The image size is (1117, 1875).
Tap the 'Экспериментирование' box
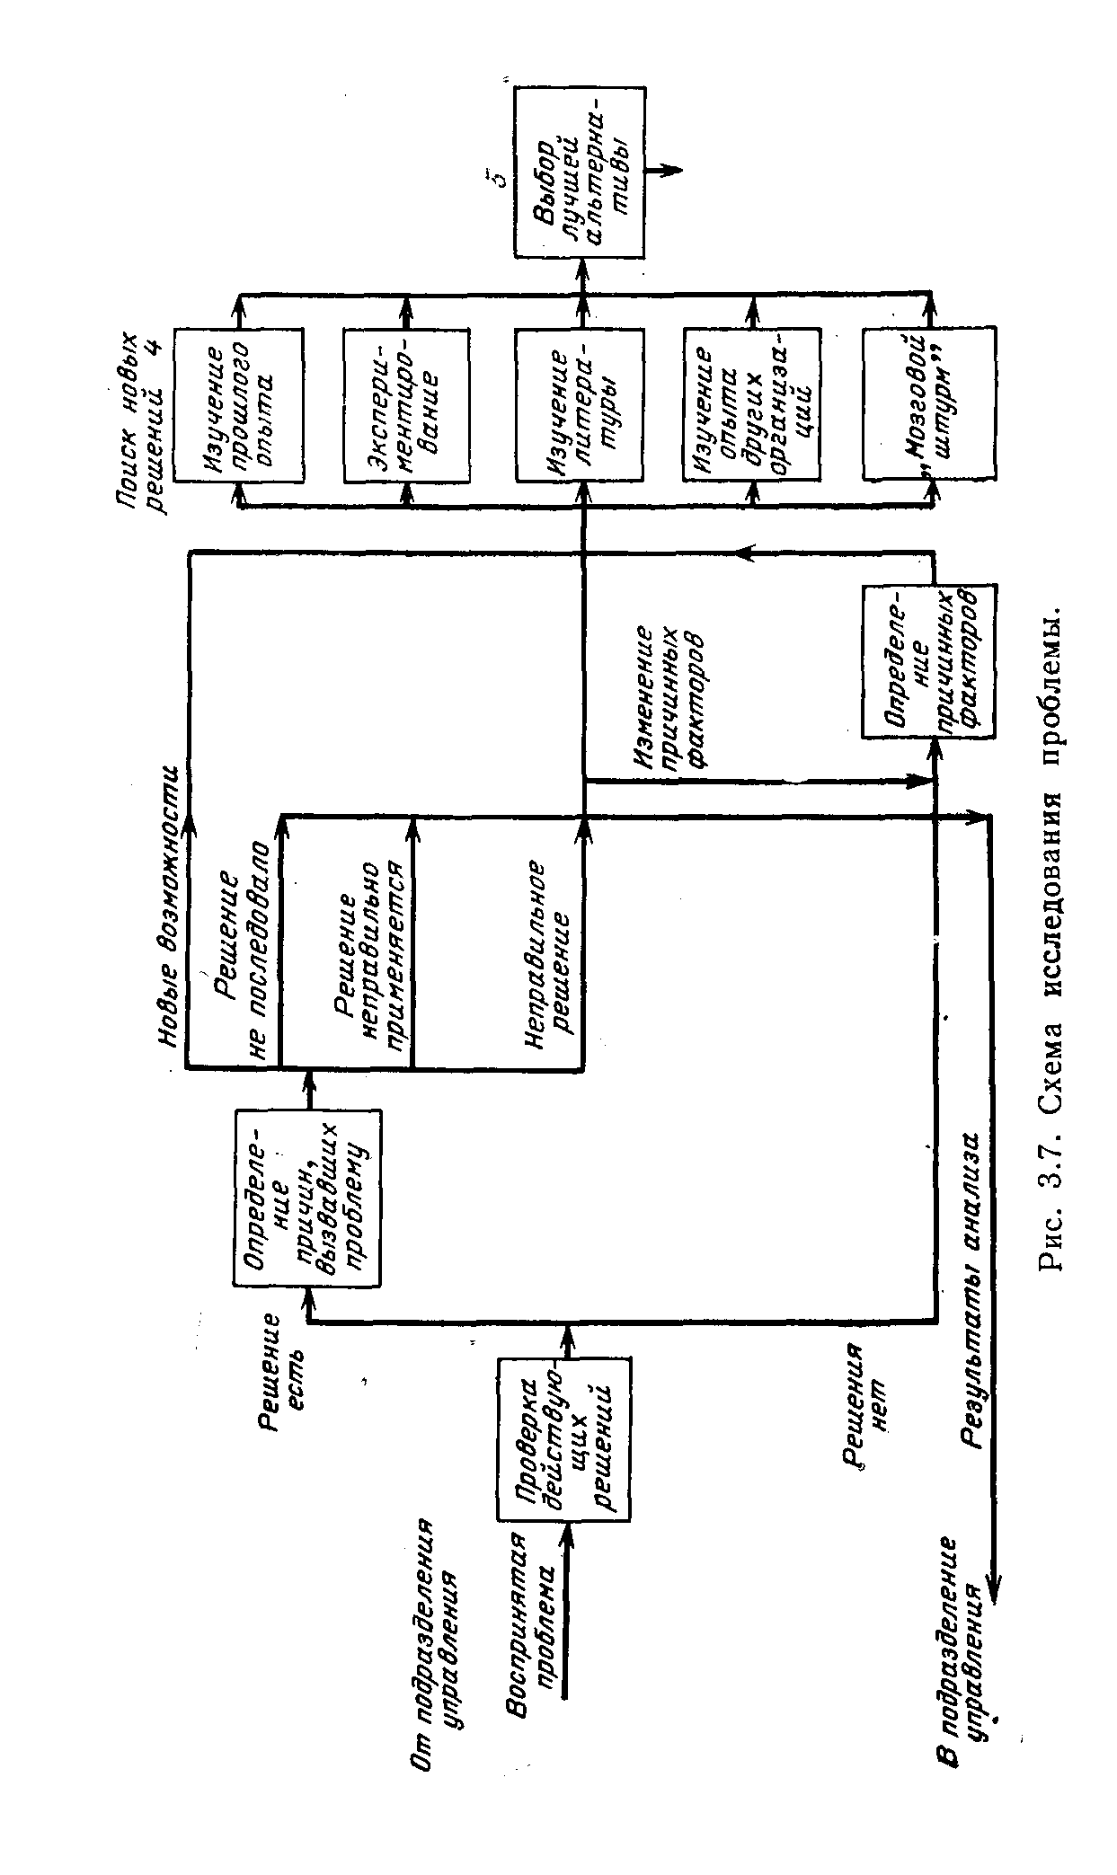pos(405,404)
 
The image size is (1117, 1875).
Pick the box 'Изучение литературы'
pos(580,404)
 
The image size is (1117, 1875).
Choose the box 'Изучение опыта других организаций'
pos(750,404)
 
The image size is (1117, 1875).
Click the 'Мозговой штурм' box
pos(928,404)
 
